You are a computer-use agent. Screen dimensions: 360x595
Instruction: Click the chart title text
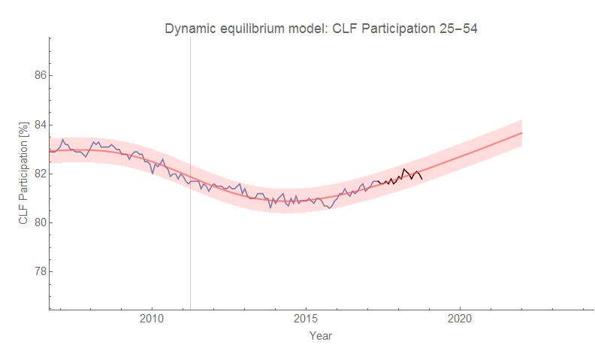[322, 29]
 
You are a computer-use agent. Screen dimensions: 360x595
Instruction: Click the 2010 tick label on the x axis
[153, 318]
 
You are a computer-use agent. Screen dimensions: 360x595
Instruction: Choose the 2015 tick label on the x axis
[306, 318]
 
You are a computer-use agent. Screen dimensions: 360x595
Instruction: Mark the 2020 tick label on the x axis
[460, 318]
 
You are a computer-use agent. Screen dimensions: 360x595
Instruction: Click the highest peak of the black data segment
[404, 169]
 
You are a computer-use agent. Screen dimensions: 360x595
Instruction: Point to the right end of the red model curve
[521, 133]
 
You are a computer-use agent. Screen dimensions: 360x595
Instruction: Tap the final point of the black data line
[422, 178]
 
